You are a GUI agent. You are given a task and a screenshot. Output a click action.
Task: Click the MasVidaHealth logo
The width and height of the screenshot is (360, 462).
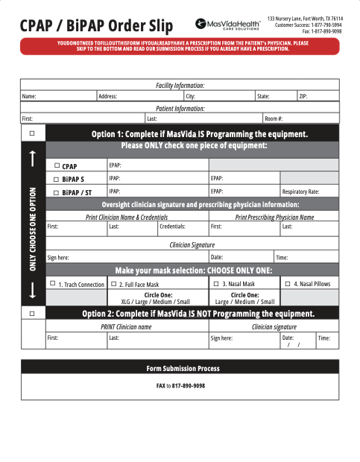(x=227, y=25)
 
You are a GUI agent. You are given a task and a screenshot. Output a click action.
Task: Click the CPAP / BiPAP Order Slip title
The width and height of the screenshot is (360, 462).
(x=96, y=27)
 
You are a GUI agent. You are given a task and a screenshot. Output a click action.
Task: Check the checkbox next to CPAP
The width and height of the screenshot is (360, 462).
(x=57, y=165)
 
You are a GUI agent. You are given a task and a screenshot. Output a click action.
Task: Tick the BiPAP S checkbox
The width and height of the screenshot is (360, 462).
(x=57, y=179)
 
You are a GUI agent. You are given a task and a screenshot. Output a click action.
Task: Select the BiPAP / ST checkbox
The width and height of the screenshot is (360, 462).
(x=57, y=192)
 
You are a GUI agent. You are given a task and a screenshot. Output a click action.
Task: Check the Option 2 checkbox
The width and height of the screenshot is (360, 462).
(x=32, y=314)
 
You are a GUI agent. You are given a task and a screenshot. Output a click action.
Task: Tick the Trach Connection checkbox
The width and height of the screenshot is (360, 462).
(x=52, y=283)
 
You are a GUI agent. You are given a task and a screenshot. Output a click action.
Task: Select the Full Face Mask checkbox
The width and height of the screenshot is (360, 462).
(x=113, y=283)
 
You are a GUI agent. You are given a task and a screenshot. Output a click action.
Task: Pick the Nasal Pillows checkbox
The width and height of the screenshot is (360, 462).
(x=288, y=283)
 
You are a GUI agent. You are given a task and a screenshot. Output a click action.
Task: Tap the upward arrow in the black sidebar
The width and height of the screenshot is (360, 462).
(x=32, y=158)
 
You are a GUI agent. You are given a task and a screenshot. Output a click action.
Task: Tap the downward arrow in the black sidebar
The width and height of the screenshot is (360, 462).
(x=32, y=293)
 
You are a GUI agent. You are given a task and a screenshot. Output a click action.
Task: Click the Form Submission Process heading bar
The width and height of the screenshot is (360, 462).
(x=182, y=368)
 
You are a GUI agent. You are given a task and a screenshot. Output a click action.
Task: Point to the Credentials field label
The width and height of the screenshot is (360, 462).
(x=173, y=226)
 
